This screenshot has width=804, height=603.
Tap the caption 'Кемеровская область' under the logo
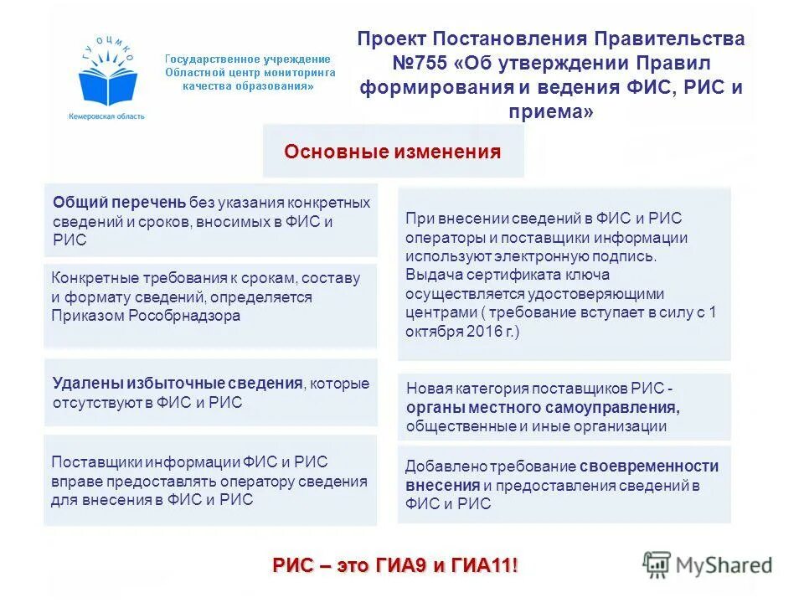click(x=106, y=116)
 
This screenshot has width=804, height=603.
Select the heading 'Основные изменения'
click(x=393, y=152)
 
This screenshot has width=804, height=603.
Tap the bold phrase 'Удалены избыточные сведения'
click(x=177, y=384)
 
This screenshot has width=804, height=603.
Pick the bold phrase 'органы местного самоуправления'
click(x=542, y=408)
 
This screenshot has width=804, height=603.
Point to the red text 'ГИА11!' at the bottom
click(x=486, y=565)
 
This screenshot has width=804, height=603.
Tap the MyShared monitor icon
click(x=657, y=563)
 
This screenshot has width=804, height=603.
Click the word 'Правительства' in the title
click(x=669, y=39)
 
